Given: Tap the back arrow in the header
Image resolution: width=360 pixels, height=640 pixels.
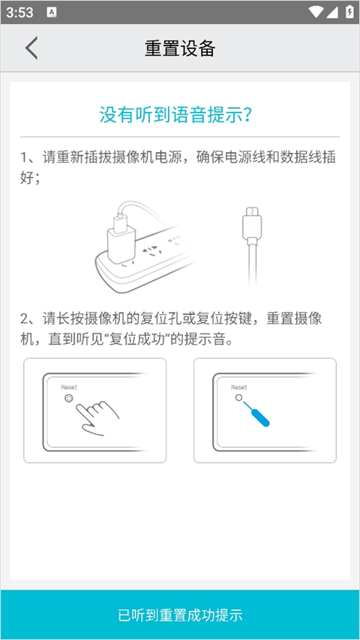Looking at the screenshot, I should pos(31,48).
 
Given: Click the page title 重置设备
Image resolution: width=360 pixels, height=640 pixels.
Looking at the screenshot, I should pos(180,49).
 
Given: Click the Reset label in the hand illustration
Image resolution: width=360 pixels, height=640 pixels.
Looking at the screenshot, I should pos(69,387).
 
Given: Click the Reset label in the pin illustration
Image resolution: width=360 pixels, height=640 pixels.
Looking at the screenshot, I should pos(238,387).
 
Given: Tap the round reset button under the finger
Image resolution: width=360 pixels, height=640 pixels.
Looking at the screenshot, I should pos(70,399).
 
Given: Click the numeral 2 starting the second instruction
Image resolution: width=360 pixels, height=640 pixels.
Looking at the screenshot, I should pos(25,319).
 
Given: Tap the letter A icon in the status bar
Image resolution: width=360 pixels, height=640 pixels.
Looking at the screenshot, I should pos(51,12).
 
